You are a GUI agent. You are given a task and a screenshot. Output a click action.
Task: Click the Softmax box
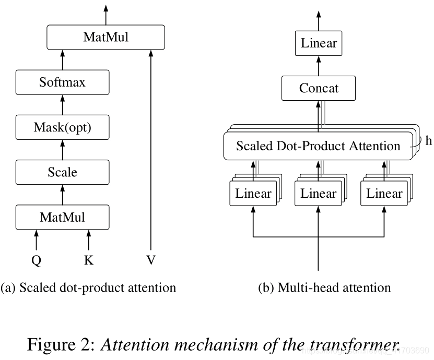(x=62, y=82)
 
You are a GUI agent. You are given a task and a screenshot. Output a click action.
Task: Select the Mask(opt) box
(x=62, y=127)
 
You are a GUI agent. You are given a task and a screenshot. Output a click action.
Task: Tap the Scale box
(x=62, y=172)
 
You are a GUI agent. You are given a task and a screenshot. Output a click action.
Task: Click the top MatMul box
(x=105, y=37)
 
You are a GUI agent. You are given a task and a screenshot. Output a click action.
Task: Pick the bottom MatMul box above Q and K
(x=62, y=217)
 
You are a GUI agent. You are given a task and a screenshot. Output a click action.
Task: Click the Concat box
(x=319, y=88)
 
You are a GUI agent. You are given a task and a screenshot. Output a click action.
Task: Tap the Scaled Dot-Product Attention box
(x=318, y=146)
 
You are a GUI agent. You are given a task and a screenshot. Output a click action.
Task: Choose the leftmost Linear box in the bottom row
(x=253, y=194)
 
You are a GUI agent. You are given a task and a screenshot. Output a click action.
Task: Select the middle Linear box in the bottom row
(x=318, y=194)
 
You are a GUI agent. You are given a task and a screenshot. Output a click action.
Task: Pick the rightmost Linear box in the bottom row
(x=384, y=194)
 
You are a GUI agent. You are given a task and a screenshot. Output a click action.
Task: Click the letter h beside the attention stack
(x=428, y=141)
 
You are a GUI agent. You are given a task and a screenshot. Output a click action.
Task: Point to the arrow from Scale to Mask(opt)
(x=63, y=150)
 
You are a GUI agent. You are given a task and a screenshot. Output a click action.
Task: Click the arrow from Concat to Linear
(x=319, y=66)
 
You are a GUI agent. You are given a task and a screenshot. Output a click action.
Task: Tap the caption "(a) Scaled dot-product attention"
(x=89, y=287)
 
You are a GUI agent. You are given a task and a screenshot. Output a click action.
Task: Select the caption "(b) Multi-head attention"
(x=324, y=287)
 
